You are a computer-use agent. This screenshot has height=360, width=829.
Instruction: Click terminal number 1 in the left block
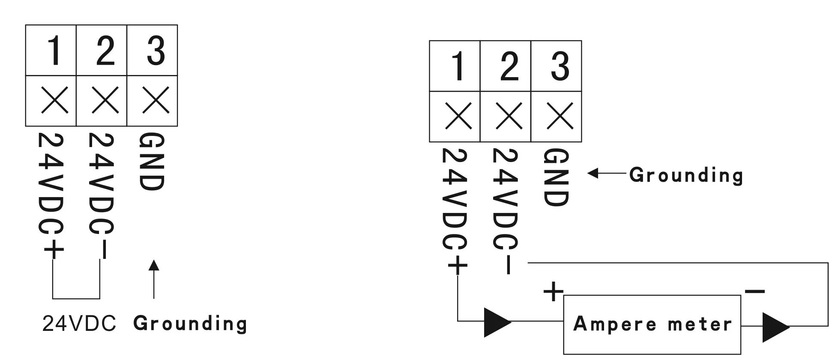(x=54, y=51)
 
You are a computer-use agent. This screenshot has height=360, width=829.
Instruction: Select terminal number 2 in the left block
(x=105, y=51)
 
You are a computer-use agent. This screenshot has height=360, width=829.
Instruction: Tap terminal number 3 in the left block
(x=155, y=51)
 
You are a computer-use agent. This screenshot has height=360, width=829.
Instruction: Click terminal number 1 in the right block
(x=458, y=66)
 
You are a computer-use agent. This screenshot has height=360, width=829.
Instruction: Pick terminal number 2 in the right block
(x=509, y=66)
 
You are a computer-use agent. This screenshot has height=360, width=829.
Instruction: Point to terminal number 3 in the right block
(x=560, y=66)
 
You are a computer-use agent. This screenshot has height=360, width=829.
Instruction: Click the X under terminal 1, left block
(x=54, y=100)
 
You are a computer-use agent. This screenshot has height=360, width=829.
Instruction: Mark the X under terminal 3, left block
(x=156, y=100)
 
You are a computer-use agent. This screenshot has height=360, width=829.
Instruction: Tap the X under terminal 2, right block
(x=509, y=116)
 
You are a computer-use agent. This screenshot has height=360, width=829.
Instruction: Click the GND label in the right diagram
(x=556, y=177)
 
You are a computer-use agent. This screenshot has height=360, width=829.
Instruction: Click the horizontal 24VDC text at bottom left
(x=79, y=324)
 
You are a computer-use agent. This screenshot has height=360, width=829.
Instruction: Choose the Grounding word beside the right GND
(x=686, y=175)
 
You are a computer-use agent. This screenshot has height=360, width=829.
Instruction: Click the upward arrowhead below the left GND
(x=154, y=265)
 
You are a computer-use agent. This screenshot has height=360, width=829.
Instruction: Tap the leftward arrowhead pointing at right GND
(x=593, y=173)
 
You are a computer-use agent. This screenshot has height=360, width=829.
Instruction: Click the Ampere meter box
(x=652, y=324)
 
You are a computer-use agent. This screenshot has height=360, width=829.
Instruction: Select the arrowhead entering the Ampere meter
(x=497, y=322)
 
